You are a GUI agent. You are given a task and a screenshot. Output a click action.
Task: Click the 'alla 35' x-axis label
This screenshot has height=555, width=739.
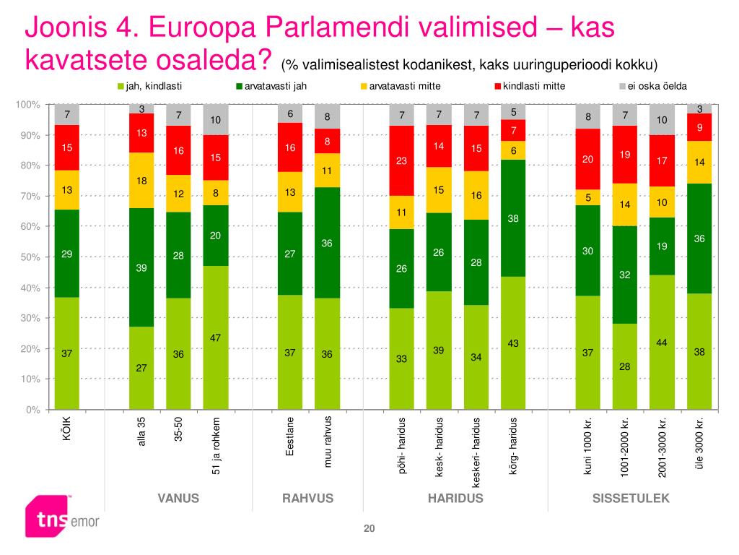(x=142, y=432)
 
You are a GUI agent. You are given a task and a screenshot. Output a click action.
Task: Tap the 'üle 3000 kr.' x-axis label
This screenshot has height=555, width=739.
(x=699, y=442)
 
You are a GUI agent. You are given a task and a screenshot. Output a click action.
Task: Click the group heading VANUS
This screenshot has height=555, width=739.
(x=178, y=499)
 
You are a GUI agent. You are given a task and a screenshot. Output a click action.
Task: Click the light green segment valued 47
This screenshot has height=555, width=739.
(x=216, y=337)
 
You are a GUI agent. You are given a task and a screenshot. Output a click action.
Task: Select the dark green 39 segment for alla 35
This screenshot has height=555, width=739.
(x=141, y=267)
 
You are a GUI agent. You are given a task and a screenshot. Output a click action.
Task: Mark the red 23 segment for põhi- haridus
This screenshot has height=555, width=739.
(x=402, y=160)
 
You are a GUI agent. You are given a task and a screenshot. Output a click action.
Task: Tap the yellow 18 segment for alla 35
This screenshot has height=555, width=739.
(x=141, y=180)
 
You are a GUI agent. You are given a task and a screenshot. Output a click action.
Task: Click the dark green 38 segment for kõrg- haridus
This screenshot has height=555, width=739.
(x=514, y=218)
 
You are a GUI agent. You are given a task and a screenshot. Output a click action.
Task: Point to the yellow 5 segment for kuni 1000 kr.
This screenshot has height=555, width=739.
(x=588, y=197)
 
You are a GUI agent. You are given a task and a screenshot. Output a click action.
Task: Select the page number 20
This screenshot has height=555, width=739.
(x=369, y=530)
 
